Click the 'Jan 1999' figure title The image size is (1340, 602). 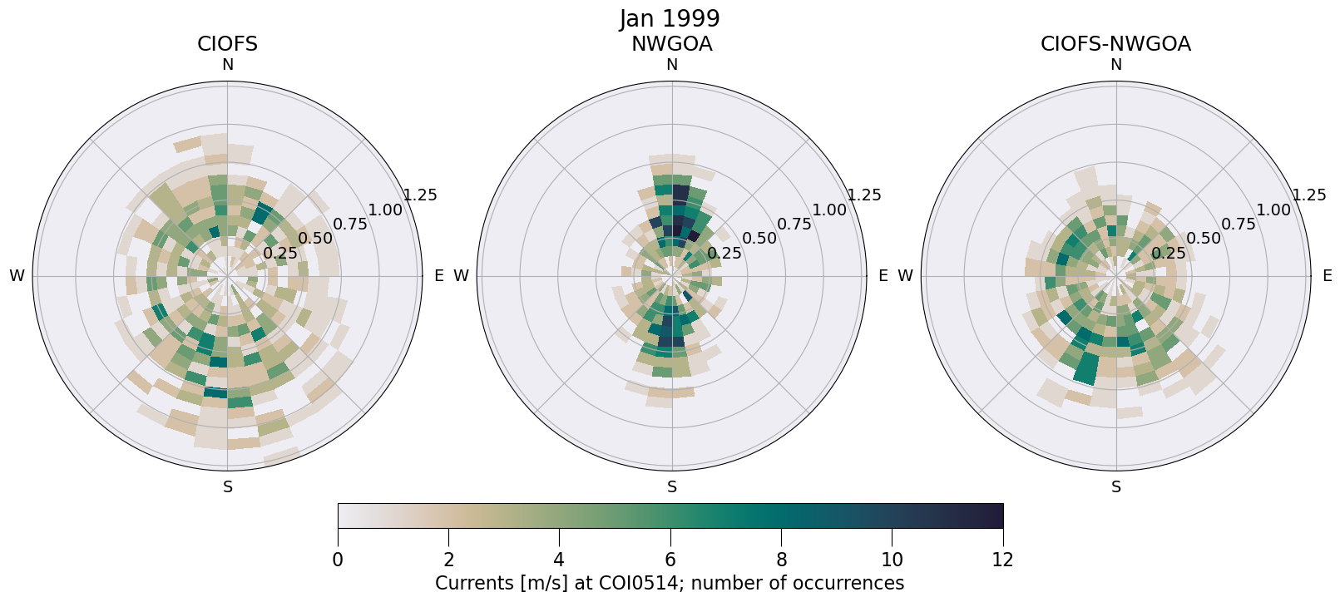670,18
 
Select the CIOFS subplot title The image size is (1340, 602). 227,44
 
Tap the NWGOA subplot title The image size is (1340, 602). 671,44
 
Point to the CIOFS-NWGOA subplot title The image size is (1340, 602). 1115,44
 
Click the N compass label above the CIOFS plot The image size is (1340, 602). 227,65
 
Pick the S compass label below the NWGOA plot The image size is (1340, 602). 672,487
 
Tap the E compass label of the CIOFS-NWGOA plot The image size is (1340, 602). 1328,276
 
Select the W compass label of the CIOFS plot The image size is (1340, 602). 17,276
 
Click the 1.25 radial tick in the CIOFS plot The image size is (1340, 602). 420,195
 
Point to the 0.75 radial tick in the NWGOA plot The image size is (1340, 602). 794,224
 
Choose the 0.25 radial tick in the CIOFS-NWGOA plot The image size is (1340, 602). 1169,253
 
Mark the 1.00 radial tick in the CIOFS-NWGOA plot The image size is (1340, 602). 1273,210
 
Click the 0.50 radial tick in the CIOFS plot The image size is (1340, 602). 315,239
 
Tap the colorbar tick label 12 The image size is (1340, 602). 1003,560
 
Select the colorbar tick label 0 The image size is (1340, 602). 338,560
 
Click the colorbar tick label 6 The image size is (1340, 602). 670,560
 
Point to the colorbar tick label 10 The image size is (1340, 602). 892,560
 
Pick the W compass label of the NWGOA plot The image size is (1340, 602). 461,276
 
